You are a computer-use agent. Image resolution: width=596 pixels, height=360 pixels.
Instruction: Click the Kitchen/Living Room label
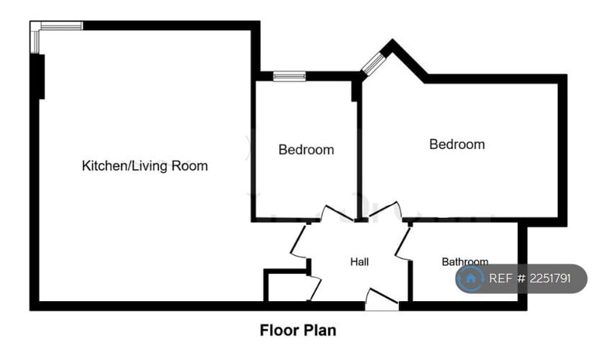point(145,166)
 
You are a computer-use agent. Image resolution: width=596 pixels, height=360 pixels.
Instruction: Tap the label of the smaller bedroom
point(307,150)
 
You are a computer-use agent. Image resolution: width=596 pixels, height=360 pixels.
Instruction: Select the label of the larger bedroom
point(457,144)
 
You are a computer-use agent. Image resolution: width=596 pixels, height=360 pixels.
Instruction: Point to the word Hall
point(359,262)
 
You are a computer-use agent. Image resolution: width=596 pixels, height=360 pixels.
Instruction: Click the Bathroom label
point(465,262)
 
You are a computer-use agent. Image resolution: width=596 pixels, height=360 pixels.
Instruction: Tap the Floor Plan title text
point(298,331)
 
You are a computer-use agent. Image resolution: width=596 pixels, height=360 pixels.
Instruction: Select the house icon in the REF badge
point(470,279)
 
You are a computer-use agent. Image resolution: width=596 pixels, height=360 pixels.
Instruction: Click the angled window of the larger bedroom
point(373,62)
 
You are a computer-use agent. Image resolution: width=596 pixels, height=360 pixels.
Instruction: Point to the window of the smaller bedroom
point(289,76)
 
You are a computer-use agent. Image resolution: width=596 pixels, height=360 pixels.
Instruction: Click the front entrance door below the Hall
point(381,299)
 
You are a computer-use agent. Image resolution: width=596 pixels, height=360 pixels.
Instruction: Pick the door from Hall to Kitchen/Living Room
point(299,242)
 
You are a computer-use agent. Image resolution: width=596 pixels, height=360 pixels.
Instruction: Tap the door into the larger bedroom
point(386,211)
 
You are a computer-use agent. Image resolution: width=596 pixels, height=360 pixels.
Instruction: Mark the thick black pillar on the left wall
point(37,78)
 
